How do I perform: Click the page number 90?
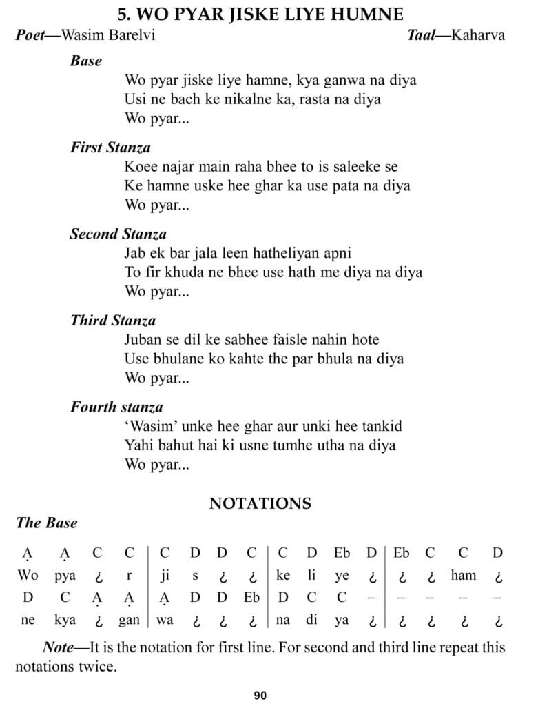pos(260,695)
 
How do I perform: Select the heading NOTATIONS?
pos(260,503)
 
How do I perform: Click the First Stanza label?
pos(110,147)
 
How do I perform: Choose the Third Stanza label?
pos(113,320)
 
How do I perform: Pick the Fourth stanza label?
pos(116,407)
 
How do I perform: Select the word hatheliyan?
pos(274,253)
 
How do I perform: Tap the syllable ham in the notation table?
pos(464,575)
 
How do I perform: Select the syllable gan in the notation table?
pos(129,620)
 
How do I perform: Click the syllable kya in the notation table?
pos(65,620)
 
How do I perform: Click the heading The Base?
pos(47,523)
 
